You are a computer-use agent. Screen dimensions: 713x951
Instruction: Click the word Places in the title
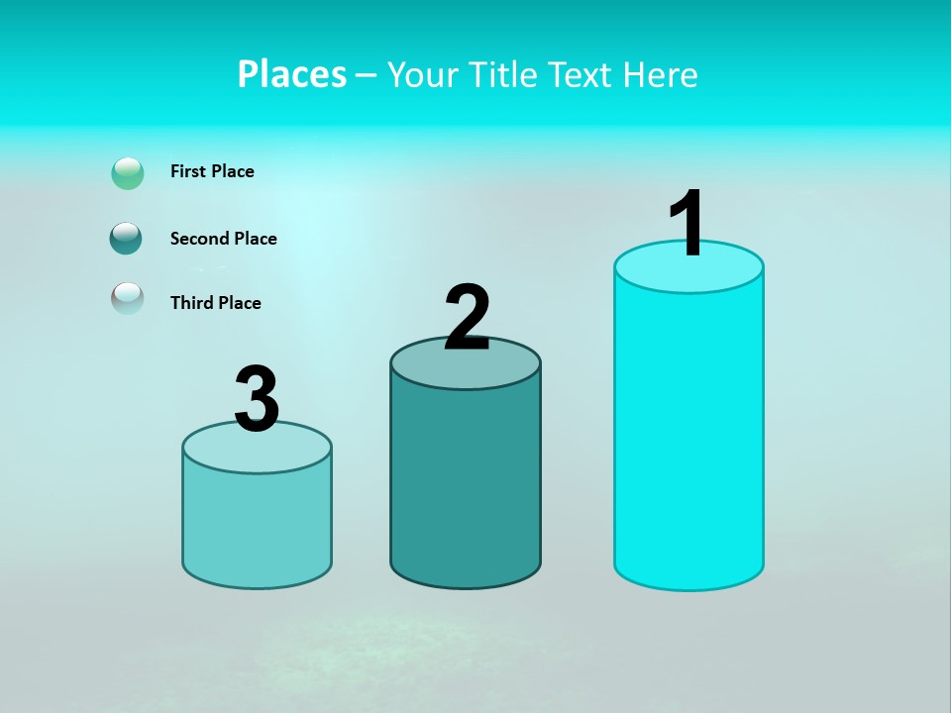[292, 74]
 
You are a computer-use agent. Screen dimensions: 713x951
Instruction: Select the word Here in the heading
[662, 74]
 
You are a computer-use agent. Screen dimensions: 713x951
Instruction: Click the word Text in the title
[584, 74]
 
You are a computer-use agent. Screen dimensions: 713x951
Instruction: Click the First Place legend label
[212, 171]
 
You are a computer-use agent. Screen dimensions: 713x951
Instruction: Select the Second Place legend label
[223, 239]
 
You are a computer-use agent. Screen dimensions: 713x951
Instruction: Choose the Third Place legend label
[215, 303]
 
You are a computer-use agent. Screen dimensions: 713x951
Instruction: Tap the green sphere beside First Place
[128, 173]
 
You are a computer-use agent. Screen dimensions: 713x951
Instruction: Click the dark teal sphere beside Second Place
[127, 239]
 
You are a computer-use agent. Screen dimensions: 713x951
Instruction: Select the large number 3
[258, 399]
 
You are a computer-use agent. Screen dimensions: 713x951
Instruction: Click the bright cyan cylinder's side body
[688, 436]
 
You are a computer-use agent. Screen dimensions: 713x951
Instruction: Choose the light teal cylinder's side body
[257, 525]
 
